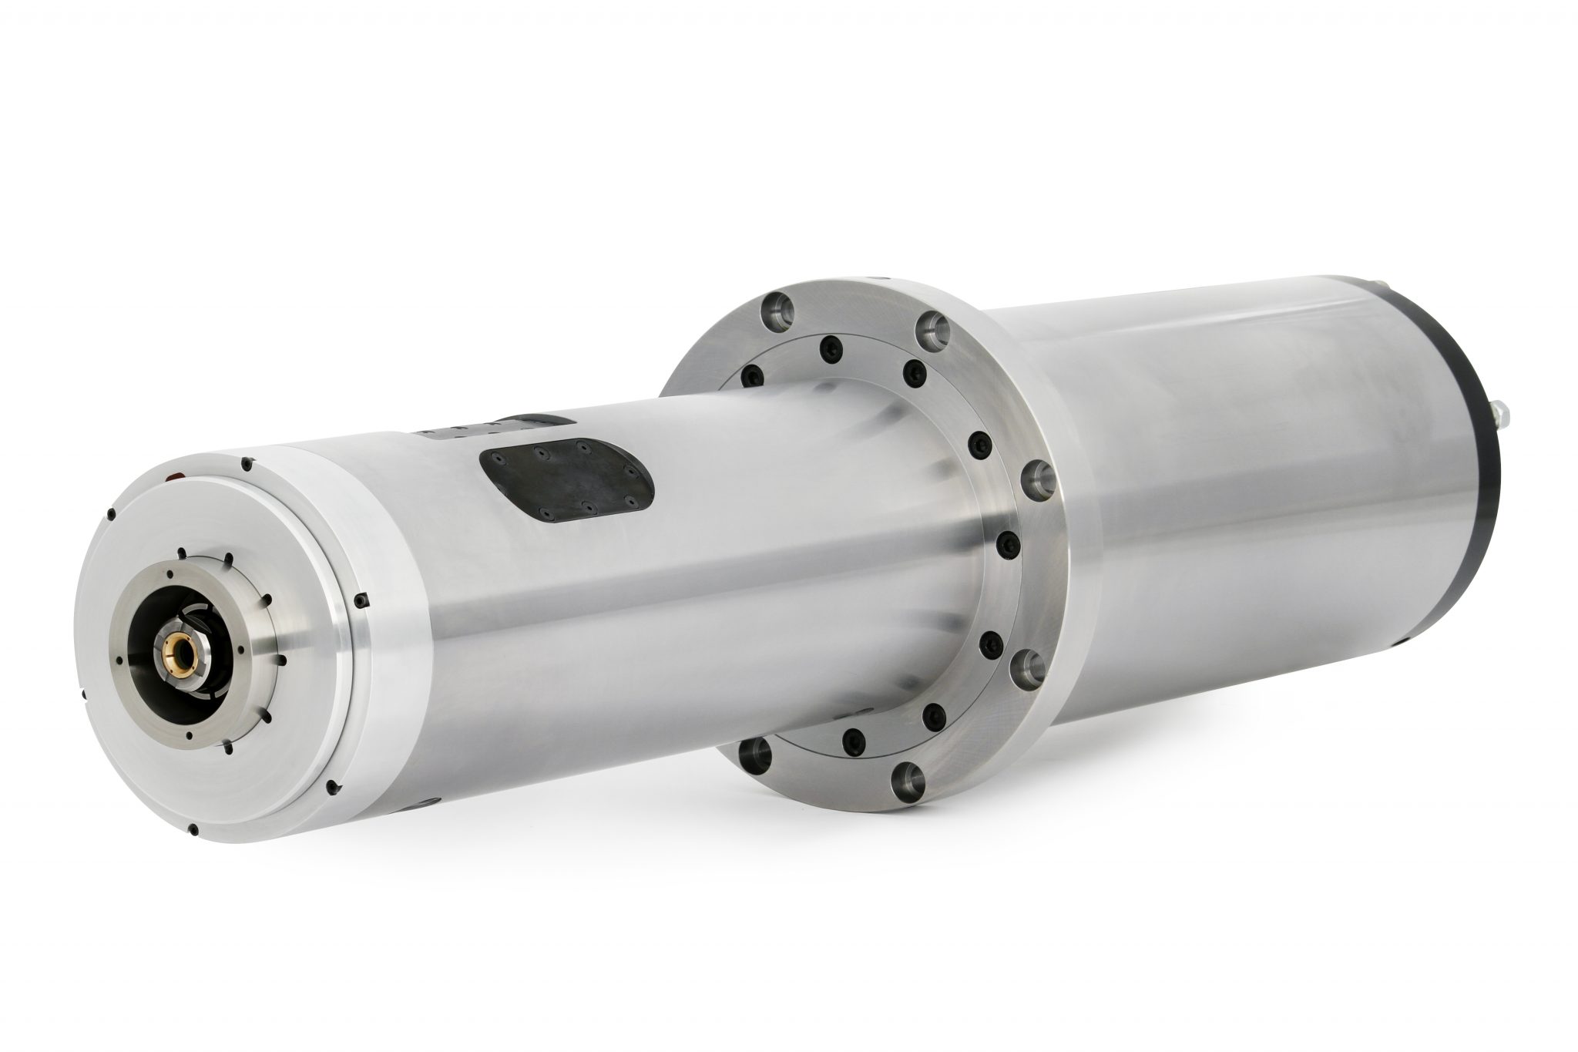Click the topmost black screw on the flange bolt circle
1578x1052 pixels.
pyautogui.click(x=829, y=345)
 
